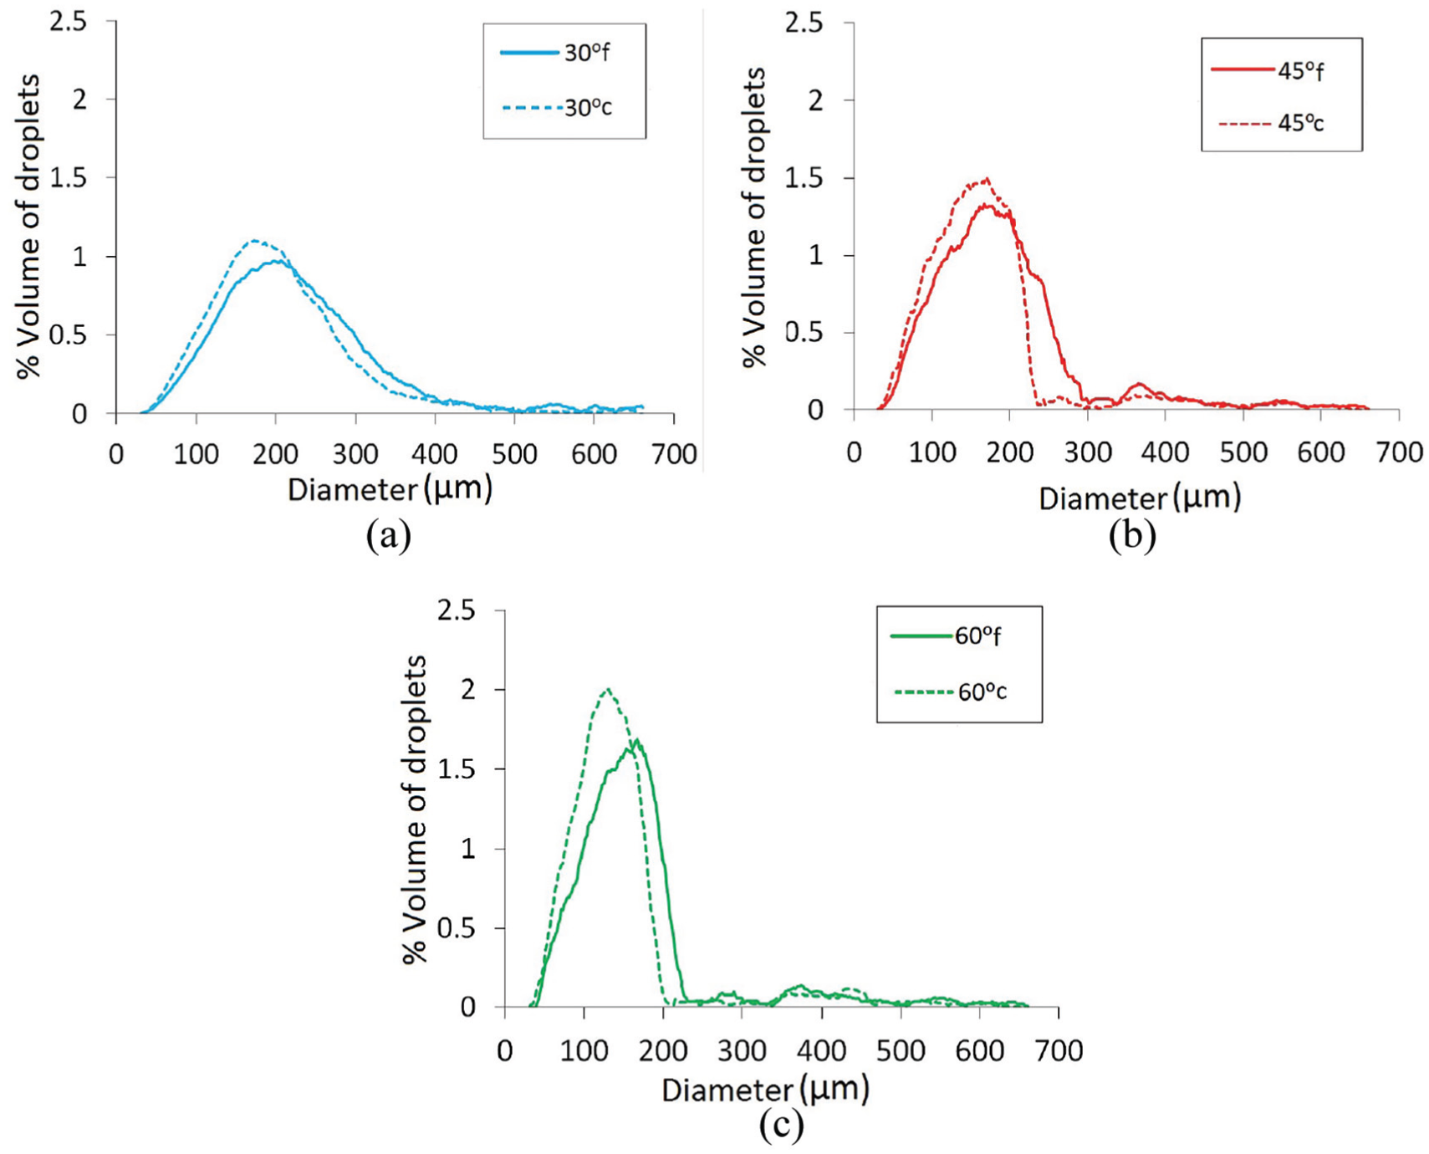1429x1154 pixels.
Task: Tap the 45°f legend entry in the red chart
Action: pos(1268,70)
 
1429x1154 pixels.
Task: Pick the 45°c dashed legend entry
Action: pos(1271,123)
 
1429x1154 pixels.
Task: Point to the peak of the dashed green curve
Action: pos(608,689)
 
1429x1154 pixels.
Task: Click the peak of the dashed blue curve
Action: pos(254,240)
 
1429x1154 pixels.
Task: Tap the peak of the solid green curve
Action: pos(637,739)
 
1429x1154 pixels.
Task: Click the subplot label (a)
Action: pos(389,534)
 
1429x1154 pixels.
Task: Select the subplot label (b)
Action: pos(1132,534)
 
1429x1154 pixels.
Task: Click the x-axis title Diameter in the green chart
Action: pos(727,1090)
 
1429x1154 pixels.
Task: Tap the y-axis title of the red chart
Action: pos(754,218)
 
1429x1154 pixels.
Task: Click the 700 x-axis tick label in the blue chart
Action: pos(674,454)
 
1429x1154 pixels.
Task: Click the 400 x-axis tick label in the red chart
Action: pos(1165,452)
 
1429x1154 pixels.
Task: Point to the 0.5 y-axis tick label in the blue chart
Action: pos(69,335)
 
